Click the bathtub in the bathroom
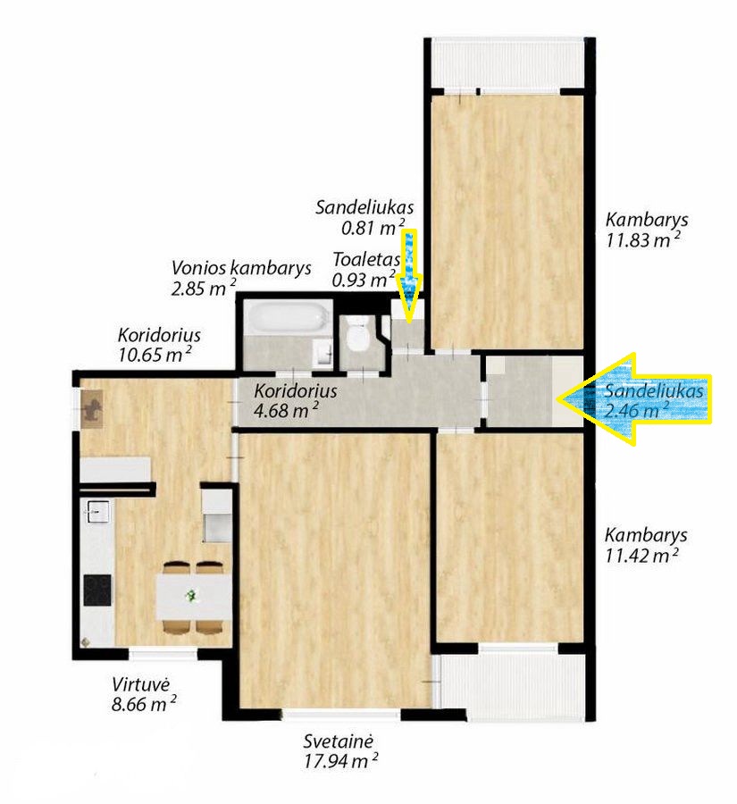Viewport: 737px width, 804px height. tap(285, 317)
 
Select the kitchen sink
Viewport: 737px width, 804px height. tap(96, 511)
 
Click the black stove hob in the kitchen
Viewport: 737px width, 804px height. tap(97, 590)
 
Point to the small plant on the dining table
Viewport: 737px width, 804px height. tap(191, 595)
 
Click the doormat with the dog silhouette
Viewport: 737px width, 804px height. tap(93, 408)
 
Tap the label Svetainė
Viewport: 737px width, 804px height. tap(338, 741)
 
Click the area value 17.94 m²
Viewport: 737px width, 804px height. tap(340, 761)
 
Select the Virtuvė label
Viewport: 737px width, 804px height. tap(140, 684)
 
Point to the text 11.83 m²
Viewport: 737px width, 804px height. tap(643, 240)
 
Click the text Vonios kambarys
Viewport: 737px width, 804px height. tap(241, 268)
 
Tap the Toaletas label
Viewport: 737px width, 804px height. tap(366, 259)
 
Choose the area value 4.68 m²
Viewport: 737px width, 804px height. tap(287, 411)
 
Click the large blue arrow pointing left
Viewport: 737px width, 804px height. tap(634, 399)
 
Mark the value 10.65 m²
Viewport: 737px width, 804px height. tap(155, 355)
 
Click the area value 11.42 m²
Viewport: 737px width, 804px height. tap(642, 556)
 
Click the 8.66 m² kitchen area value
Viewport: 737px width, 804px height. tap(144, 704)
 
